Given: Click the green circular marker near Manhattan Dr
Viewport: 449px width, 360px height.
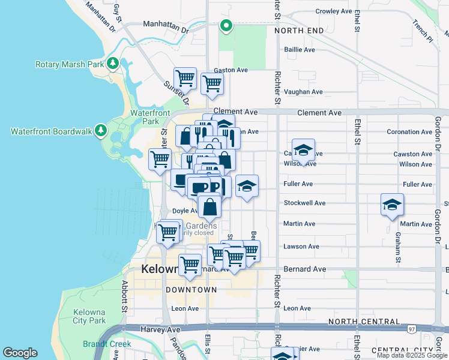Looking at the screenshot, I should pos(226,25).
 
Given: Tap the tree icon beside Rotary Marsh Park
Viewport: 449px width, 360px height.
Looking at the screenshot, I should pos(112,64).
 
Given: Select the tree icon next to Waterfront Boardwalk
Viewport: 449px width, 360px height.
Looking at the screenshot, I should pos(101,130).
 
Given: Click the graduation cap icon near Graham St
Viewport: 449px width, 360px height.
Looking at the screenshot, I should pos(392,205).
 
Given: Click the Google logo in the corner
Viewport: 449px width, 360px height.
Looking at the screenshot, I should pos(20,352).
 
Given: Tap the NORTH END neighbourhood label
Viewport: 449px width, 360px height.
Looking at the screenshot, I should pos(299,31).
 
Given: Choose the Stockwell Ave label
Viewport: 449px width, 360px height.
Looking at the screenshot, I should pos(304,203).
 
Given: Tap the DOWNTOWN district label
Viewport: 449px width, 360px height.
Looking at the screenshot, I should pos(191,290).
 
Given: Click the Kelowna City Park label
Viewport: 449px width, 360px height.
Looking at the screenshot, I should pos(89,317).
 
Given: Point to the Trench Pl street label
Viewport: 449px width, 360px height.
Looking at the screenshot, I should pos(421,32).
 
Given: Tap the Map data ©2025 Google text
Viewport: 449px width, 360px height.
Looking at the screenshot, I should pos(412,355).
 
